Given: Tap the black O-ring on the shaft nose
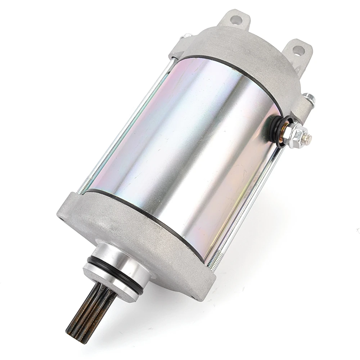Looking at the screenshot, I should tap(108, 268).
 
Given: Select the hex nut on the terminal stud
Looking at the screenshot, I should tap(296, 135).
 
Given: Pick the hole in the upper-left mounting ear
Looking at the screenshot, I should tap(236, 20).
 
